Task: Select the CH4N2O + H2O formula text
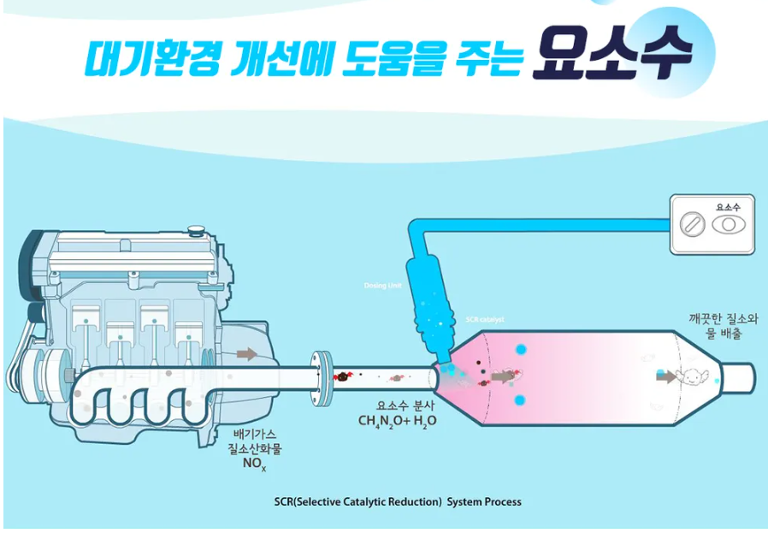pos(397,421)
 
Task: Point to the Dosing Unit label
pos(382,285)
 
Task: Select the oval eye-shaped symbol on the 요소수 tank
pos(728,224)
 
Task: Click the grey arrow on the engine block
pos(246,353)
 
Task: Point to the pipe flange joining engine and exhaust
pos(322,376)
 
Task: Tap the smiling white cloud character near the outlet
pos(691,376)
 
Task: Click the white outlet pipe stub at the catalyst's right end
pos(740,376)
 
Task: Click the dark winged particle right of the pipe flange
pos(341,376)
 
